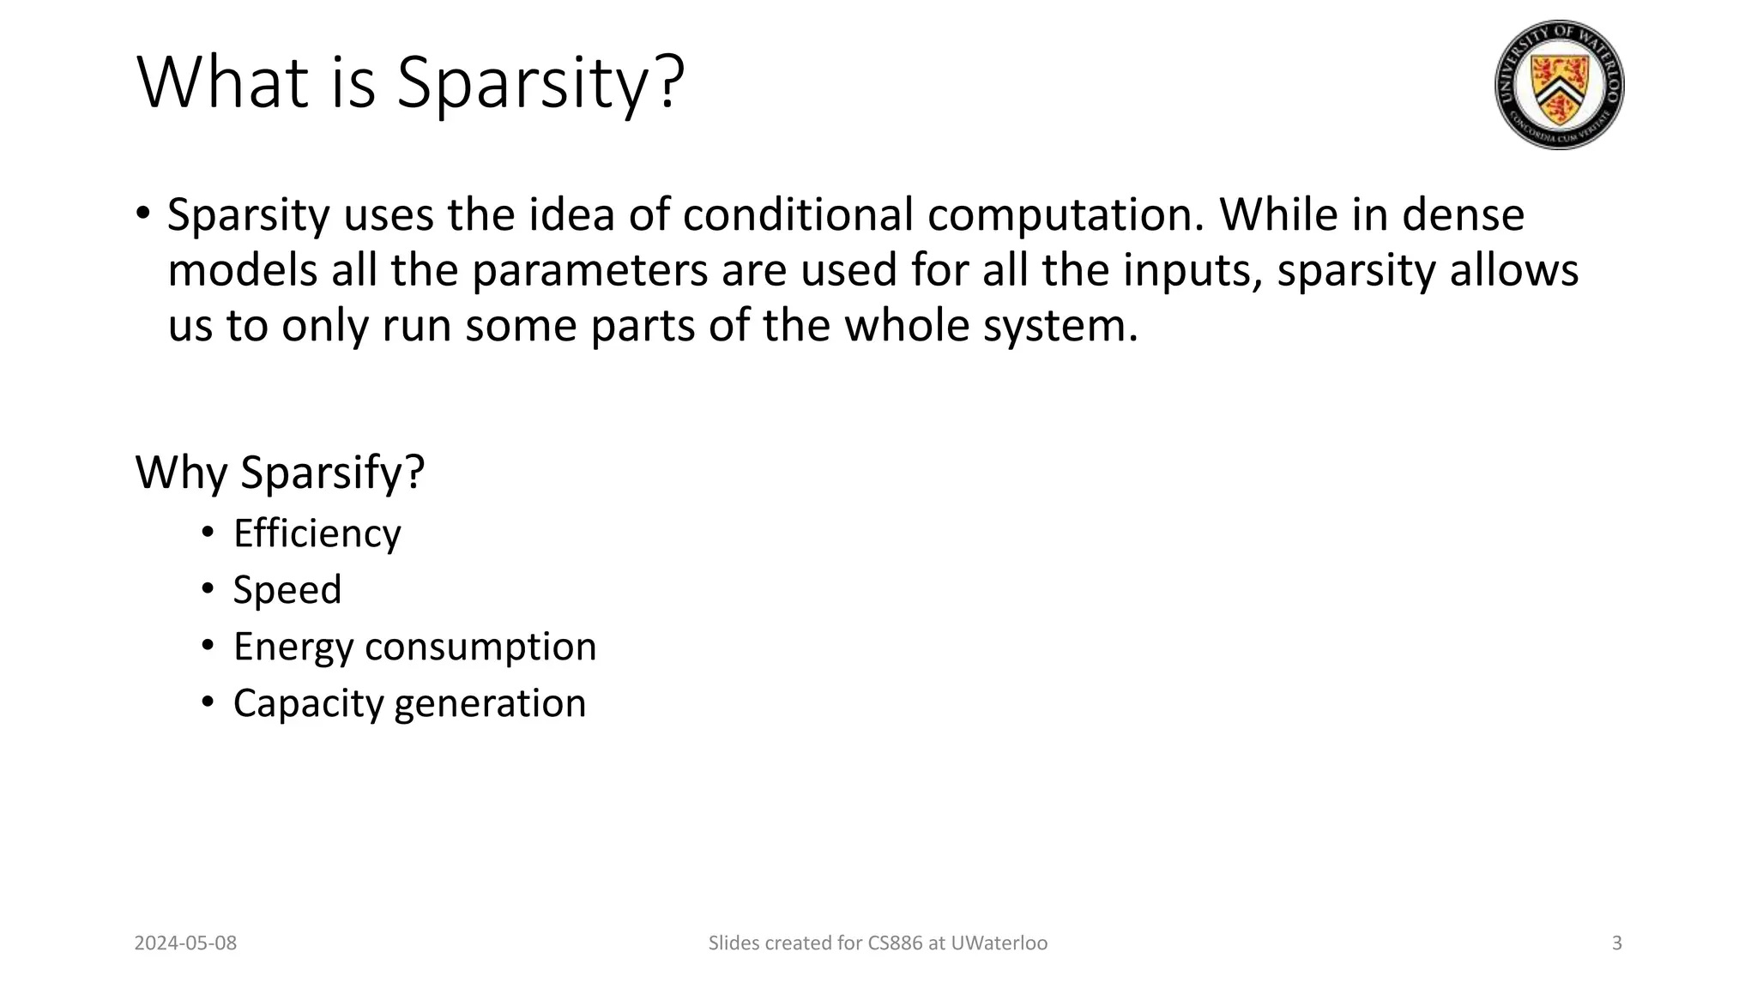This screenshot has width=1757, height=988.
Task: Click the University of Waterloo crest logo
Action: click(1559, 85)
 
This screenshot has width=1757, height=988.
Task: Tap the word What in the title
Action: click(223, 83)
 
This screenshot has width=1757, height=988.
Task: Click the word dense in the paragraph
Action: click(1463, 214)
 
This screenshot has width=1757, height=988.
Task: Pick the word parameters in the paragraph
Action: click(590, 270)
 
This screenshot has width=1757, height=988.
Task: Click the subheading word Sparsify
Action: click(332, 473)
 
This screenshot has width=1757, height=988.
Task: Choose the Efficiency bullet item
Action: click(317, 533)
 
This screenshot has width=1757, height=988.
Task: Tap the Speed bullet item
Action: click(287, 590)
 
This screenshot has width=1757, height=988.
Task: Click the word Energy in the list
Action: click(293, 647)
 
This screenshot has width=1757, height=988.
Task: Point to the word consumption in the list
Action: click(480, 647)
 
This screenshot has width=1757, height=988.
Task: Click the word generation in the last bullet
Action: click(491, 703)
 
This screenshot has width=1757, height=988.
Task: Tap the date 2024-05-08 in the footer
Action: click(185, 943)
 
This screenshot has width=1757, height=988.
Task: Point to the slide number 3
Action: click(1617, 943)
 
